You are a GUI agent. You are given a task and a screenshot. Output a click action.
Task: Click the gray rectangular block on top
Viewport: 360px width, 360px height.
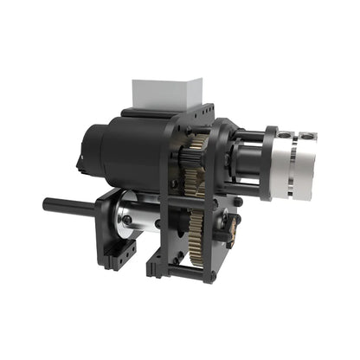[x=167, y=93]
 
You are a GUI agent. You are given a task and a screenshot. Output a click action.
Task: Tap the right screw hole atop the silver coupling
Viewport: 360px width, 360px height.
[x=309, y=136]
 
